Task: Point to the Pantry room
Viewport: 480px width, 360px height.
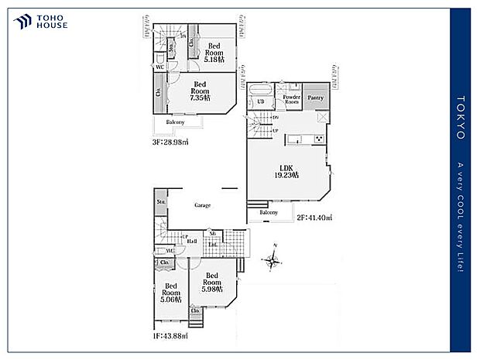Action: [x=314, y=98]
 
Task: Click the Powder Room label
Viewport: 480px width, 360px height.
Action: [x=291, y=100]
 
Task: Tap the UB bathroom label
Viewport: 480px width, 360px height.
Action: [x=261, y=101]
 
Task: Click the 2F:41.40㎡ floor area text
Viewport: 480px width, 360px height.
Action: [x=314, y=218]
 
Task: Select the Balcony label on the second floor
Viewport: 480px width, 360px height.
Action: [x=269, y=212]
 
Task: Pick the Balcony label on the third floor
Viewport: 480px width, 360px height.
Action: [x=175, y=122]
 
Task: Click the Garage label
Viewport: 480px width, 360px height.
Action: [x=202, y=205]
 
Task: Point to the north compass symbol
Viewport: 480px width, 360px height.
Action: [x=272, y=258]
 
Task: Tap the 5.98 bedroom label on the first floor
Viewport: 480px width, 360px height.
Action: [x=212, y=283]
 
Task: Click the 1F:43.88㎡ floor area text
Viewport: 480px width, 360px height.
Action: [x=170, y=336]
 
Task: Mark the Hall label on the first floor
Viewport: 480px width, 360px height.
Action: [x=191, y=241]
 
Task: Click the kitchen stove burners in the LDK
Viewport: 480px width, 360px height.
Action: [x=317, y=139]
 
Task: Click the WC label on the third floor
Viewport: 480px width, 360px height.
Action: [x=159, y=67]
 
